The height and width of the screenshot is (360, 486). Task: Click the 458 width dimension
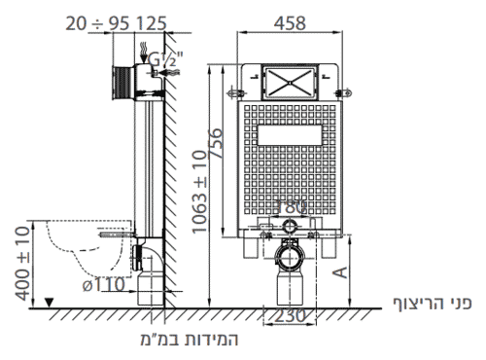click(x=290, y=23)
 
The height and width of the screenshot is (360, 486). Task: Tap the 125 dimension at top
click(x=151, y=23)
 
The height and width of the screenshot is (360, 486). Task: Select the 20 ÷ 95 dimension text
click(x=97, y=23)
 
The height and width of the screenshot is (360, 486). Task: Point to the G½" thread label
click(x=165, y=59)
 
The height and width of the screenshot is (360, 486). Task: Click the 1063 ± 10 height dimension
click(x=199, y=192)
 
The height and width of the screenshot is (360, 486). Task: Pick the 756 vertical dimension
click(x=216, y=143)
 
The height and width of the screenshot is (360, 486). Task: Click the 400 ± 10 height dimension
click(x=22, y=264)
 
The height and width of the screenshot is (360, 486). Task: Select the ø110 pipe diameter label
click(x=104, y=285)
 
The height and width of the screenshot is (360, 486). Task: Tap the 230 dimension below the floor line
click(x=290, y=316)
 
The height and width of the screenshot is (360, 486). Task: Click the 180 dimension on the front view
click(x=291, y=206)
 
